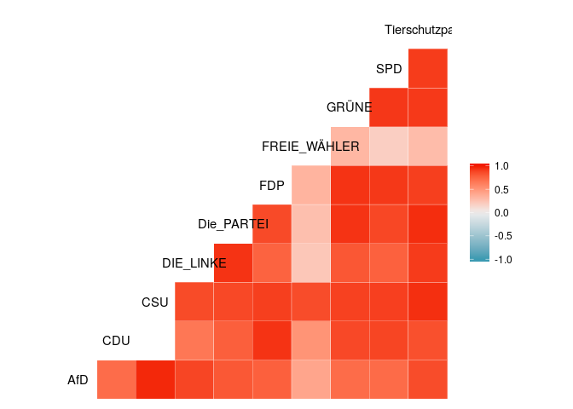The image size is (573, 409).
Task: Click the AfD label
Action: click(x=78, y=380)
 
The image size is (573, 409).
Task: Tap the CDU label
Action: click(x=116, y=341)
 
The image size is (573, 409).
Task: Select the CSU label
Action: click(x=156, y=302)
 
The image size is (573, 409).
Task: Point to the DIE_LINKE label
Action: click(x=194, y=263)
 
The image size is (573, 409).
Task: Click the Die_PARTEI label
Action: click(x=233, y=224)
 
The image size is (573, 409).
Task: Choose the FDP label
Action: click(x=272, y=185)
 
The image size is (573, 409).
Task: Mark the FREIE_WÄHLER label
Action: click(x=310, y=147)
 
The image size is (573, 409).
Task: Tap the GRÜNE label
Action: click(x=349, y=107)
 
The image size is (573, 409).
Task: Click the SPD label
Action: click(x=389, y=68)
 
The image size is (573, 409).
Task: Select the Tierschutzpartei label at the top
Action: click(x=418, y=30)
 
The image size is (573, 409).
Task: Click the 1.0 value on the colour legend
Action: click(x=502, y=167)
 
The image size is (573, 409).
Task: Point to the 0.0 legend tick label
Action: click(x=502, y=213)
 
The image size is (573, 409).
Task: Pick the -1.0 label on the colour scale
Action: click(x=501, y=260)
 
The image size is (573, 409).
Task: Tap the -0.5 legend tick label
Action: click(x=501, y=236)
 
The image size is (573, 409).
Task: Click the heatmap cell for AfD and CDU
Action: click(x=116, y=379)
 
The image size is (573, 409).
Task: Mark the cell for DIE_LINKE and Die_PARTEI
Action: click(x=233, y=262)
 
